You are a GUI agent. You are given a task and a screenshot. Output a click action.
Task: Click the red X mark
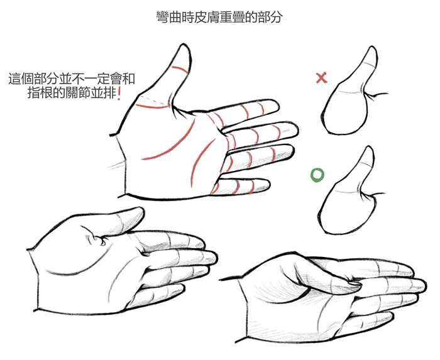322,78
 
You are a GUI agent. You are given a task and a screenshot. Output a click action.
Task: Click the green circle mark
317,175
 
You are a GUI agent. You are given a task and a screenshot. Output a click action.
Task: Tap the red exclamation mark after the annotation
119,94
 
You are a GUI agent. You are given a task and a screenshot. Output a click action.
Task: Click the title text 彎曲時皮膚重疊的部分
219,17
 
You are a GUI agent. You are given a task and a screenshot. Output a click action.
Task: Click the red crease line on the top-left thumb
180,68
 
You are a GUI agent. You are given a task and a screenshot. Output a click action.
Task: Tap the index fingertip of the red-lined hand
277,106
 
